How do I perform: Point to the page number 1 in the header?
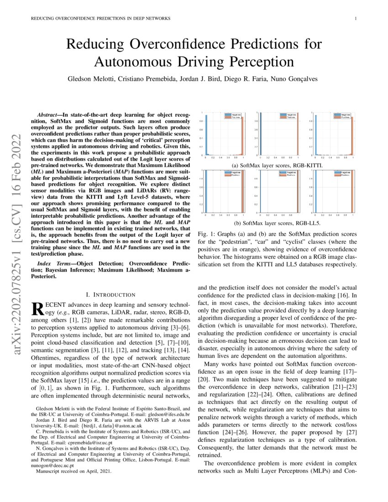coord(355,18)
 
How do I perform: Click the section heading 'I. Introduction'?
coord(111,295)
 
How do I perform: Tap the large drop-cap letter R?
coord(40,309)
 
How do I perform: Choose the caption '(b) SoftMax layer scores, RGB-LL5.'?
coord(277,223)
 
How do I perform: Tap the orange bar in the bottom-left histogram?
coord(242,192)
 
